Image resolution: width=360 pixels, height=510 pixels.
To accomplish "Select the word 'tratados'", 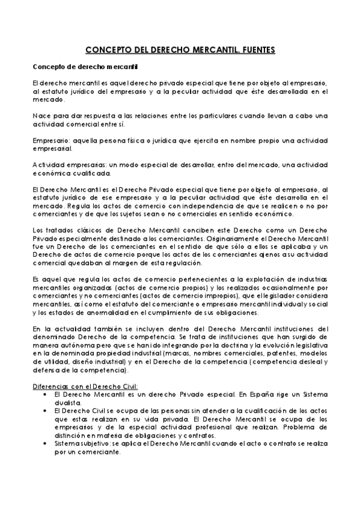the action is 59,230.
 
